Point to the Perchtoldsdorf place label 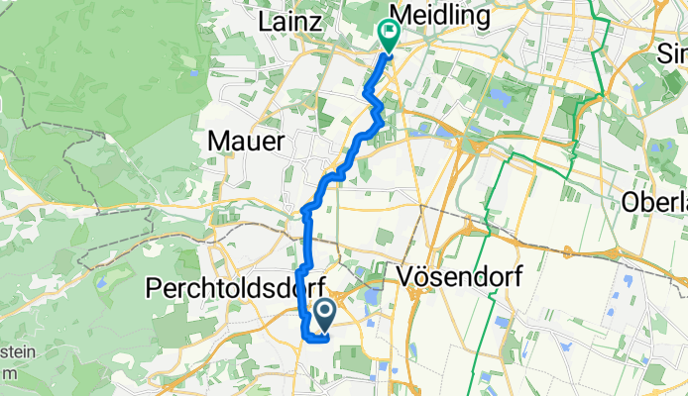point(226,287)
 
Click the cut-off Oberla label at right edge point(654,202)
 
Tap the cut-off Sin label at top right point(671,54)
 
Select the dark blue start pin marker point(324,315)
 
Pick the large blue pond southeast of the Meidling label point(497,97)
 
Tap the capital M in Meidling point(401,16)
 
